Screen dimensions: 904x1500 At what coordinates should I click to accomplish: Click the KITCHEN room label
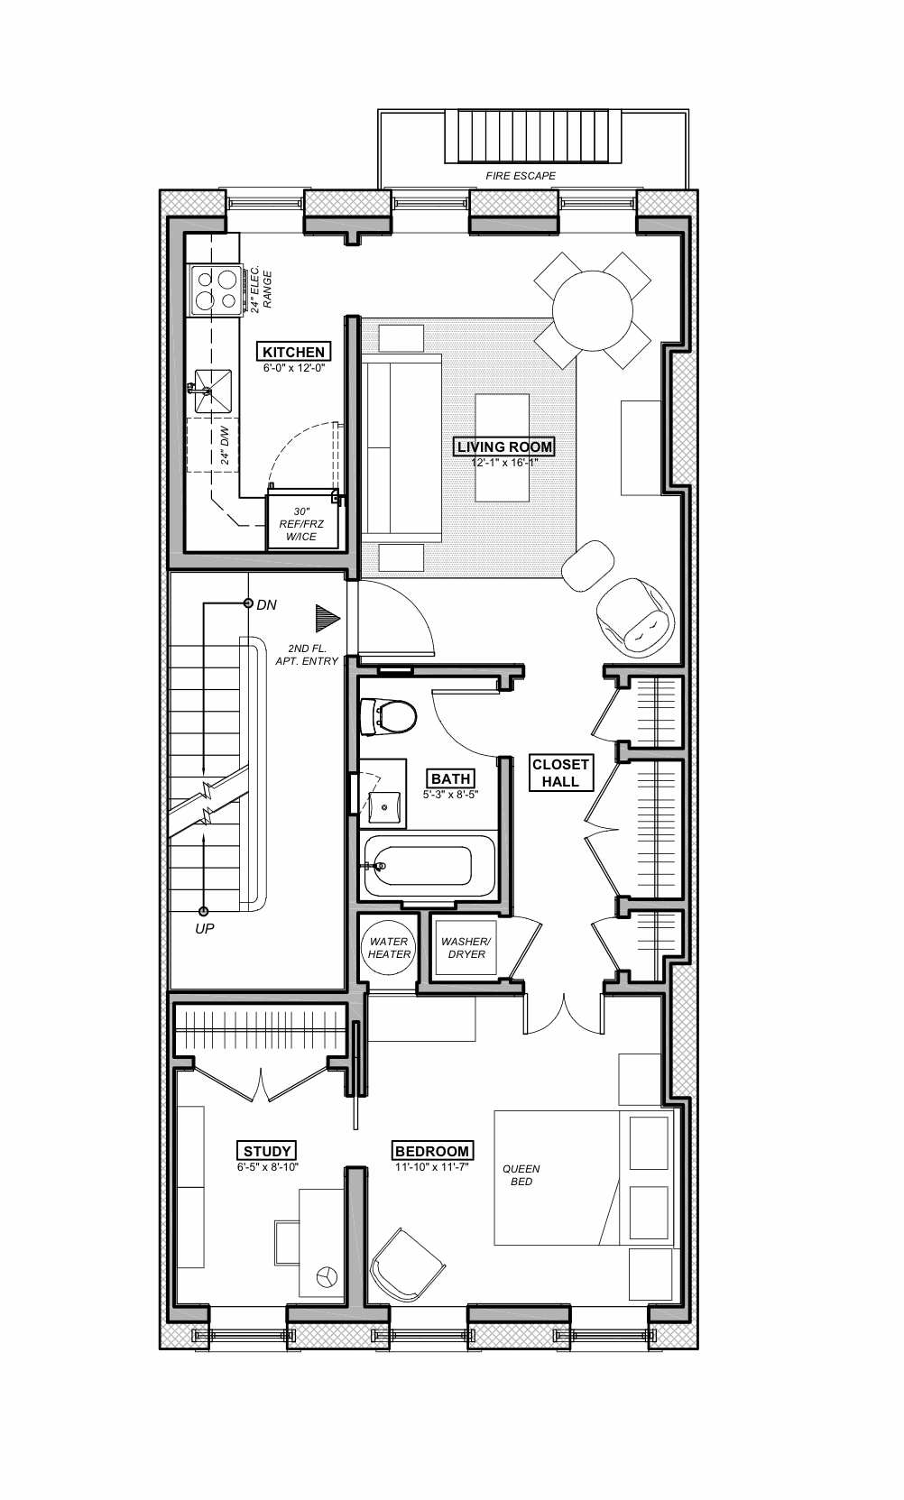point(293,352)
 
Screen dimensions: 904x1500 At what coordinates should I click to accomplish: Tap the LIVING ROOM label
point(504,446)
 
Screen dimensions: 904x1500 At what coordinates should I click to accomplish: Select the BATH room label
point(450,778)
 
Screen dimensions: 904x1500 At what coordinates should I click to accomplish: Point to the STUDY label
point(267,1151)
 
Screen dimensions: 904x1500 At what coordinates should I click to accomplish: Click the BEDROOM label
point(432,1151)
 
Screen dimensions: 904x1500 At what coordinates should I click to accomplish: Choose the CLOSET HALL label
point(560,773)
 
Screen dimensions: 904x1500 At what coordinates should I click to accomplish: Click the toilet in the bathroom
point(389,717)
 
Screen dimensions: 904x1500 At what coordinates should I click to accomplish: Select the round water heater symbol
point(389,947)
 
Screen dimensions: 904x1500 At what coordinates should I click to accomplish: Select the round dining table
point(593,310)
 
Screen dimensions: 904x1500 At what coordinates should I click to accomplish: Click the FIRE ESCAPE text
point(521,176)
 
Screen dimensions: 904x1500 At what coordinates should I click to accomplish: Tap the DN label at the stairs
point(266,604)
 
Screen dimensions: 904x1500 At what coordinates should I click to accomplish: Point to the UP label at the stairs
point(205,928)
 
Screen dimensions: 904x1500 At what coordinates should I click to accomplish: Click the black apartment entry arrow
point(327,618)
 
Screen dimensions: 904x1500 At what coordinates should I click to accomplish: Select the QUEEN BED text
point(521,1174)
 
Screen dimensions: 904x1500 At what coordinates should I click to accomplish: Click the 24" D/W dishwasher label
point(226,446)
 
